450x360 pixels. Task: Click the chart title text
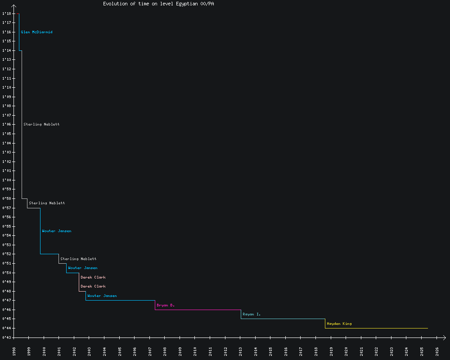158,4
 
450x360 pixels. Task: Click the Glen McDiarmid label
36,32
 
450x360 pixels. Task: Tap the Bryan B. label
166,305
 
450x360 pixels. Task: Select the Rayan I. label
252,314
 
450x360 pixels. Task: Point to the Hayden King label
339,324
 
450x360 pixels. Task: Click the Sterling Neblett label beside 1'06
41,124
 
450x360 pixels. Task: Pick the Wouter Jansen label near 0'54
56,231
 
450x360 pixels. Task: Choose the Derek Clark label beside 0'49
93,277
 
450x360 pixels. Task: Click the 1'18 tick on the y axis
6,13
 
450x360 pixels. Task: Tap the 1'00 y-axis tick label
6,180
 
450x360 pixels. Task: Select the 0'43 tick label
6,337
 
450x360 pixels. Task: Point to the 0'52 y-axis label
6,254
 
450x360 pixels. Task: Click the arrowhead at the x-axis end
445,337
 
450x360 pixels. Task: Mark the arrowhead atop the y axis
14,6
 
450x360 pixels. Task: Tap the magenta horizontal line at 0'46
198,310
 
